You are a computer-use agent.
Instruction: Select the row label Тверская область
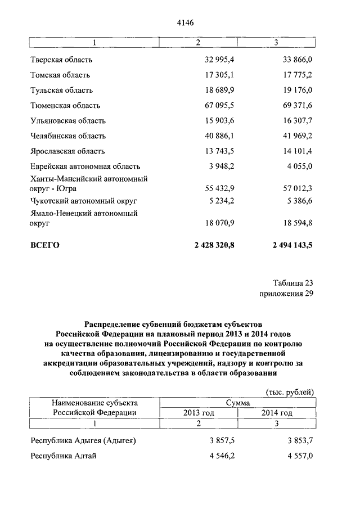(x=61, y=60)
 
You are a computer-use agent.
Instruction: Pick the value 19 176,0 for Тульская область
(x=298, y=90)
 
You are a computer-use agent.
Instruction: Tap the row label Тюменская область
(x=65, y=105)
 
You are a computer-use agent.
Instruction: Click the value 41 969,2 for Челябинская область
(x=298, y=136)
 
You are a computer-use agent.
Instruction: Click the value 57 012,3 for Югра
(x=298, y=187)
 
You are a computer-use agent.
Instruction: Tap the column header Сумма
(x=238, y=403)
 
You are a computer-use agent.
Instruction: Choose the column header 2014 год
(x=277, y=413)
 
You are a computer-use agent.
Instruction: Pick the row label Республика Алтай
(x=63, y=456)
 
